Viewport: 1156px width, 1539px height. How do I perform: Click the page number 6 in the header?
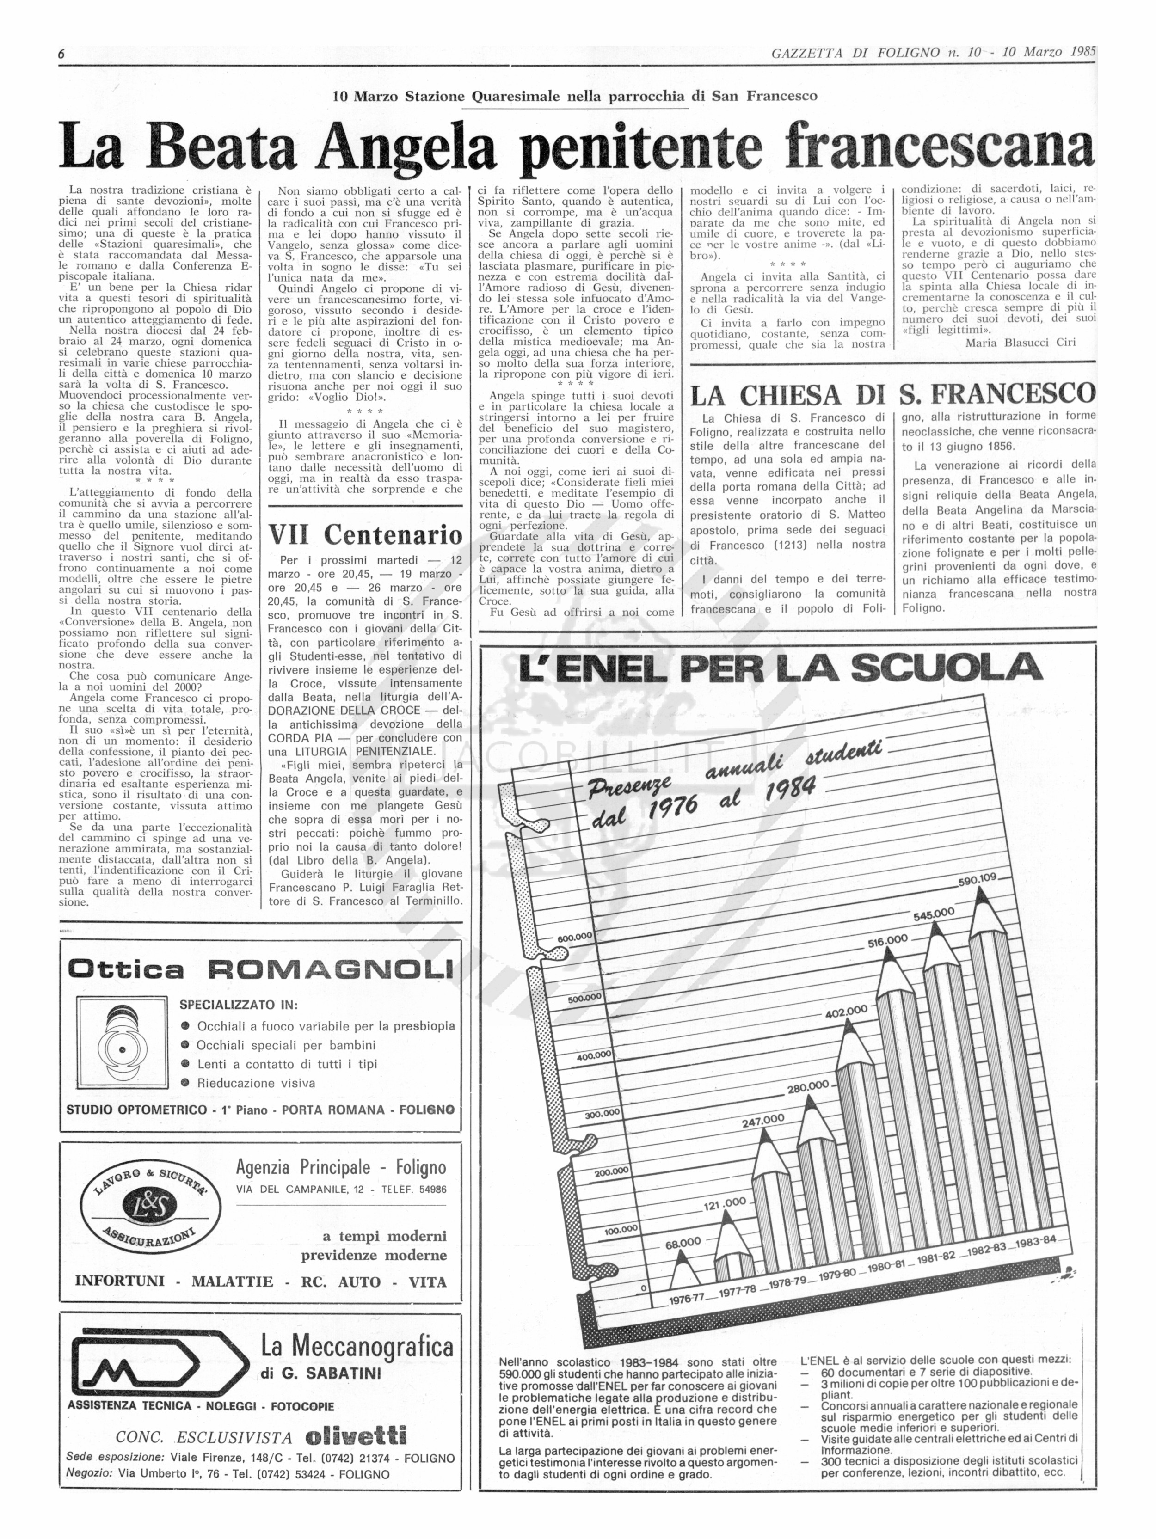[62, 54]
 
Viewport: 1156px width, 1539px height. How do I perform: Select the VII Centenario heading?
[365, 534]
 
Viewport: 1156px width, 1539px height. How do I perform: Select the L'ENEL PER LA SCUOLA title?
[781, 668]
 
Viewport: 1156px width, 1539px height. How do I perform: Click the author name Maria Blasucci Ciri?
[1021, 342]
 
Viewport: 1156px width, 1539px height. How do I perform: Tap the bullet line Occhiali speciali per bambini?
[285, 1045]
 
